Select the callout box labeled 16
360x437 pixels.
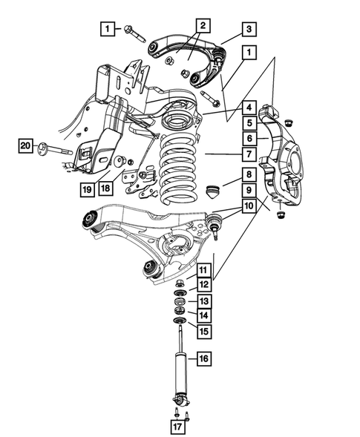pos(203,359)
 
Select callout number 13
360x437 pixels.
pos(203,300)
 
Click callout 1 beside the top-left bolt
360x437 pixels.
pos(108,29)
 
